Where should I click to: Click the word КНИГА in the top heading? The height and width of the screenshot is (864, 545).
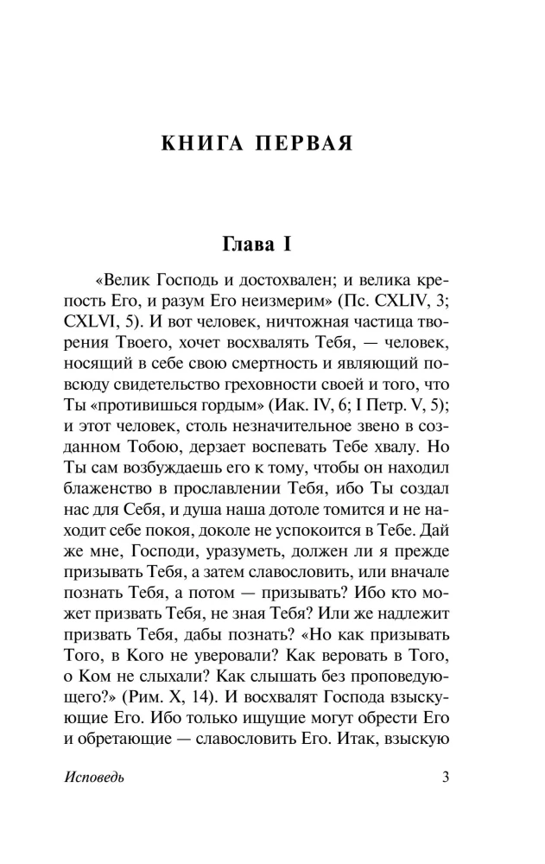pos(199,143)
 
